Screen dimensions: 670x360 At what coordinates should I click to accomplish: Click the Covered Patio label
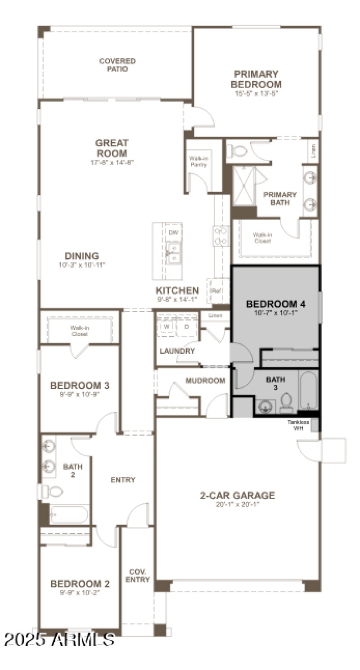coord(117,65)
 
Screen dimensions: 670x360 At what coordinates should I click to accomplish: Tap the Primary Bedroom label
coord(256,79)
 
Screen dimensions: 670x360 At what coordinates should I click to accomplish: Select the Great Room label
coord(112,148)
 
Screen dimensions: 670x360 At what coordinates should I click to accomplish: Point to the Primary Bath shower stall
coord(243,185)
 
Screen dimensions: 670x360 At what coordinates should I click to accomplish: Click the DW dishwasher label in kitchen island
coord(173,232)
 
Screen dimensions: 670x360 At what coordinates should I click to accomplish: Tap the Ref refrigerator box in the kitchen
coord(216,291)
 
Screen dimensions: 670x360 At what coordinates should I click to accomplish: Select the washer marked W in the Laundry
coord(166,326)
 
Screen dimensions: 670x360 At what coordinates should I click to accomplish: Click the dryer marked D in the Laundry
coord(186,326)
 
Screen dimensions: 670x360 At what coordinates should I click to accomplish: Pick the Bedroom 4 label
coord(275,304)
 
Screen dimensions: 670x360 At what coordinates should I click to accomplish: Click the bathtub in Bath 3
coord(308,390)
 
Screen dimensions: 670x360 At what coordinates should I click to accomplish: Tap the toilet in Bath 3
coord(286,403)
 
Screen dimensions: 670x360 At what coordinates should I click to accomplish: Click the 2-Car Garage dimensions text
coord(238,504)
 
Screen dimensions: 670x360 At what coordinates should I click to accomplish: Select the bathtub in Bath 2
coord(69,514)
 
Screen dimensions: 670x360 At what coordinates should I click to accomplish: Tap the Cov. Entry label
coord(137,576)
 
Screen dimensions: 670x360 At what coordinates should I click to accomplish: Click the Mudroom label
coord(205,381)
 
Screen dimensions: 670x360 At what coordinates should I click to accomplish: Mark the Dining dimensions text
coord(81,265)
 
